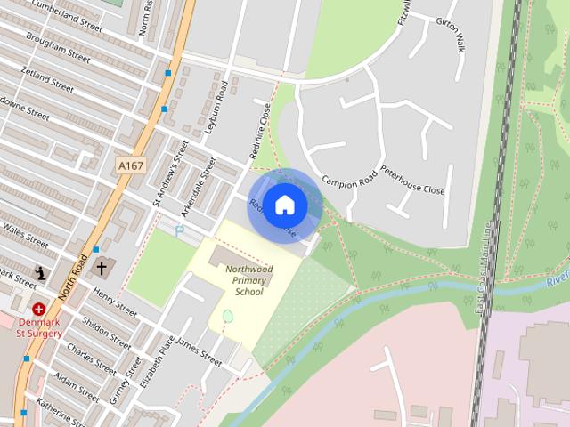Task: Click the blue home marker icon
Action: tap(285, 205)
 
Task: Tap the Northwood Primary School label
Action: tap(248, 279)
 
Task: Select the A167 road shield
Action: tap(130, 165)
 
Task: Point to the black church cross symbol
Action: tap(102, 267)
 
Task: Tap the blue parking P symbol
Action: tap(180, 230)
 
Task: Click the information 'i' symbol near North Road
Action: tap(39, 271)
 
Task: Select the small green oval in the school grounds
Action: tap(227, 316)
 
